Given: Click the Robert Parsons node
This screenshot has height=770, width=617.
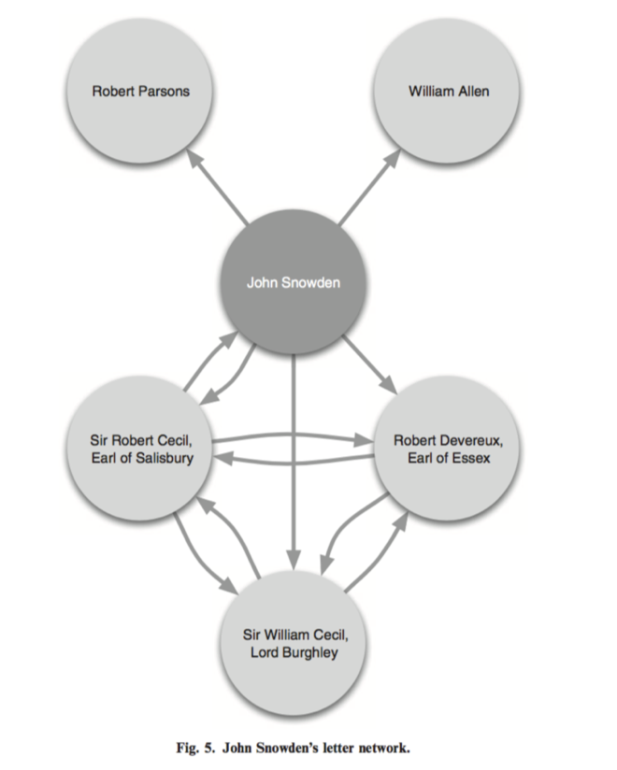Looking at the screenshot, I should pos(140,92).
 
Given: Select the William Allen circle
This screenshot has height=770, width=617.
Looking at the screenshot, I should pos(448,92).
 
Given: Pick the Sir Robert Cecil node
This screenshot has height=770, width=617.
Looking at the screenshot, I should pos(141,449).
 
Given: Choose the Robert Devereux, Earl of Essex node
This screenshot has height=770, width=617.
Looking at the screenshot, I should pos(448,449).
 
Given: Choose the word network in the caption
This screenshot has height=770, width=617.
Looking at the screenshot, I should pos(383,748).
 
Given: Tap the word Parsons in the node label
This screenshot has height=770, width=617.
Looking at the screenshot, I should pos(165,92).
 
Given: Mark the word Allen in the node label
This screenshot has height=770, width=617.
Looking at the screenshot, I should pos(472,92).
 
